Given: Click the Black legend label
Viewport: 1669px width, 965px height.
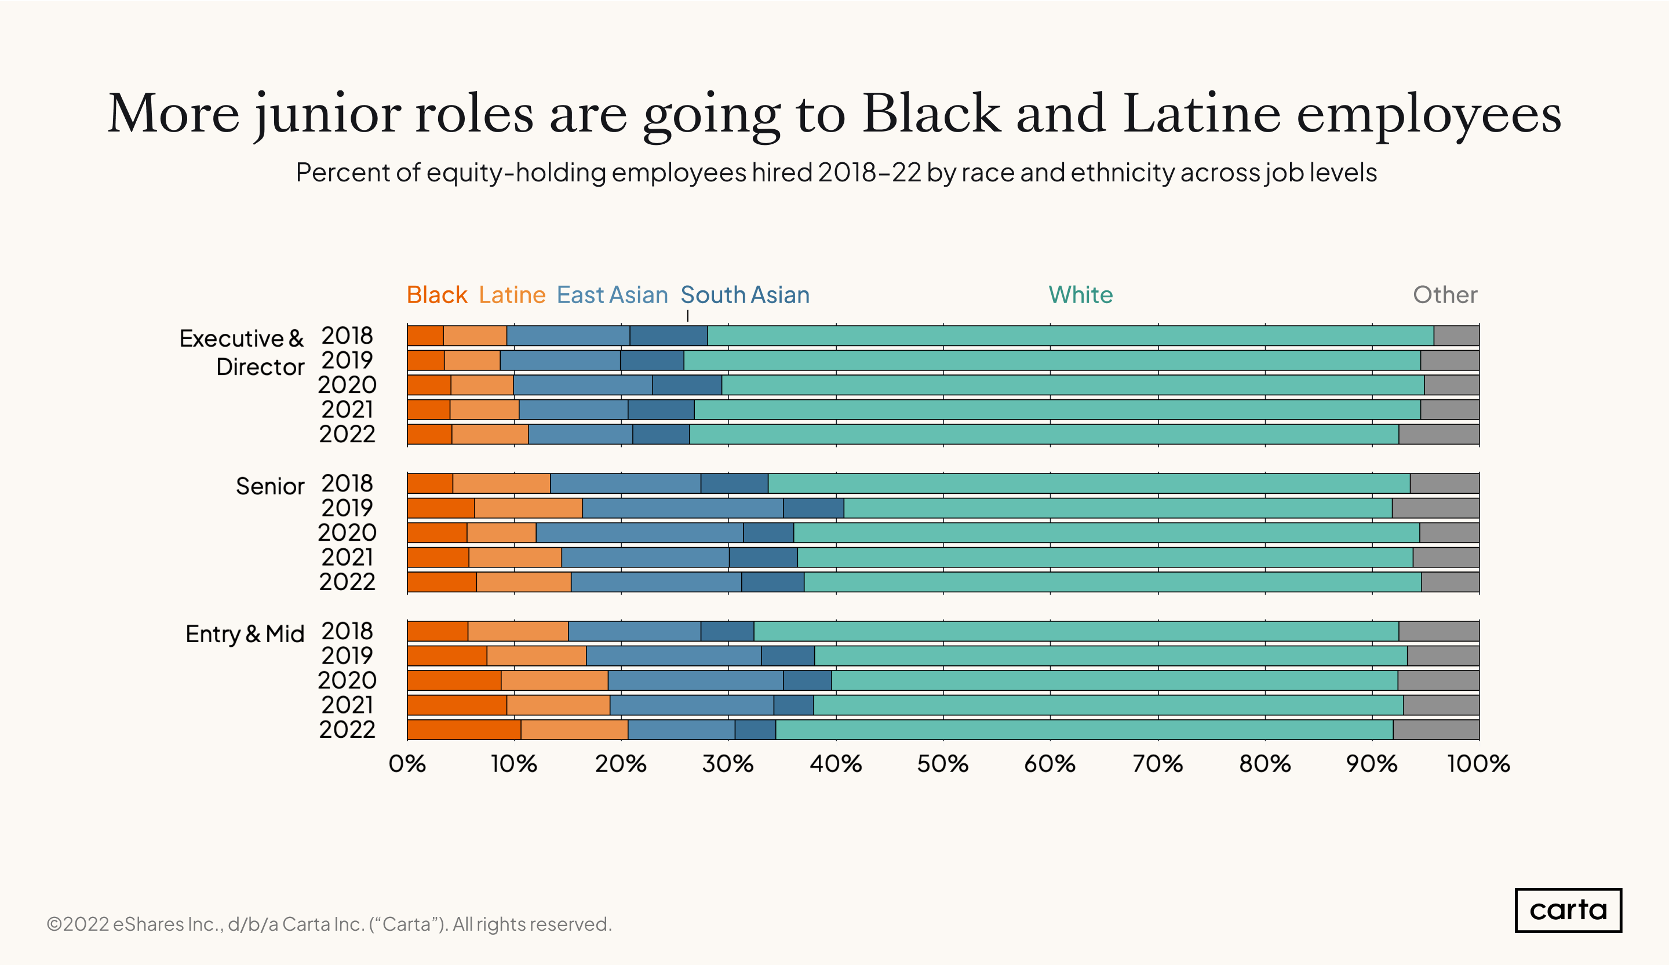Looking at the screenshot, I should (x=436, y=295).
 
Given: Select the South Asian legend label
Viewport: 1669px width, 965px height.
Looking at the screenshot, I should (x=745, y=295).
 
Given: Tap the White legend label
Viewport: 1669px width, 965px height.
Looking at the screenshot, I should (x=1080, y=295).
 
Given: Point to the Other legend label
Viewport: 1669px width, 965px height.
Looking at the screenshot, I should (x=1445, y=295).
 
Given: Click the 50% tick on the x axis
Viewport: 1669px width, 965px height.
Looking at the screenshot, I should (x=942, y=764).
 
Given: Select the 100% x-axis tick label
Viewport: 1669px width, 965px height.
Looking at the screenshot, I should (x=1478, y=764).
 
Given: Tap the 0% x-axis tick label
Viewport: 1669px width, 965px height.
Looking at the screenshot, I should (x=407, y=764).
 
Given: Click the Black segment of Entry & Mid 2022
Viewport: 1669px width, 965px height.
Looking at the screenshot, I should (x=464, y=730).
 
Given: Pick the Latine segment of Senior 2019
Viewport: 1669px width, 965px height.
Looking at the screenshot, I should (x=528, y=508).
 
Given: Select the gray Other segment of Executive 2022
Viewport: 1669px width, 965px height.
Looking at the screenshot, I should (x=1438, y=435).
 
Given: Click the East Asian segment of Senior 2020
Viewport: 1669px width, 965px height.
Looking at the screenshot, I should (x=639, y=533).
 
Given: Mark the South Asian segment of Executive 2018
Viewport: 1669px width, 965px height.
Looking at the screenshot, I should (x=668, y=336).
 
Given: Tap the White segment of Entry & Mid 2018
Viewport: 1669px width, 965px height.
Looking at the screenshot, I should (x=1076, y=631).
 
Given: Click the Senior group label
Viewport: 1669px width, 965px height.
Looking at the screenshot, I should (x=269, y=486).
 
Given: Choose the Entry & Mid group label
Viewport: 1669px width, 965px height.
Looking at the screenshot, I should (x=245, y=634).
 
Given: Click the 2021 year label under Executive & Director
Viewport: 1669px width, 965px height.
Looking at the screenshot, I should (x=347, y=409).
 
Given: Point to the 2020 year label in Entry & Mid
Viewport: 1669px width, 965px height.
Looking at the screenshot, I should (x=347, y=680).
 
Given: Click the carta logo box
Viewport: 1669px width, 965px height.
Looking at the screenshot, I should (x=1567, y=910).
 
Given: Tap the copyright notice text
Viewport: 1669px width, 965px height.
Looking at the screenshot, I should (x=329, y=924).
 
